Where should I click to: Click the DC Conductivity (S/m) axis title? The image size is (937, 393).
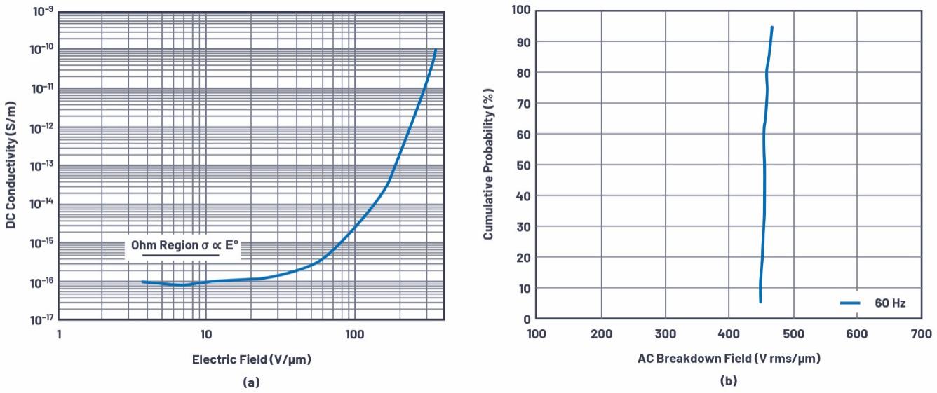pyautogui.click(x=11, y=165)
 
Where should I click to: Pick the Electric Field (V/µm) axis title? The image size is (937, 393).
pyautogui.click(x=251, y=359)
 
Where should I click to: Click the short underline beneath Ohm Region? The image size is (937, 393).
pyautogui.click(x=181, y=256)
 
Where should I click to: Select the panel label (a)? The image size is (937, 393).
pyautogui.click(x=251, y=382)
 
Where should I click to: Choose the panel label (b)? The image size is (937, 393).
pyautogui.click(x=729, y=382)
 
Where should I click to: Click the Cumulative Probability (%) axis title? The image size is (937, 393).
pyautogui.click(x=488, y=165)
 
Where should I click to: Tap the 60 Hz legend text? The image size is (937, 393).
pyautogui.click(x=890, y=303)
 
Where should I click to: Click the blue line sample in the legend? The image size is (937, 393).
pyautogui.click(x=851, y=303)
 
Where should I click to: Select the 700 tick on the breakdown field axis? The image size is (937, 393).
pyautogui.click(x=921, y=333)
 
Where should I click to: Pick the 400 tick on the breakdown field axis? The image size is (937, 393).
pyautogui.click(x=729, y=333)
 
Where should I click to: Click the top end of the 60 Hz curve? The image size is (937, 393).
pyautogui.click(x=772, y=27)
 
